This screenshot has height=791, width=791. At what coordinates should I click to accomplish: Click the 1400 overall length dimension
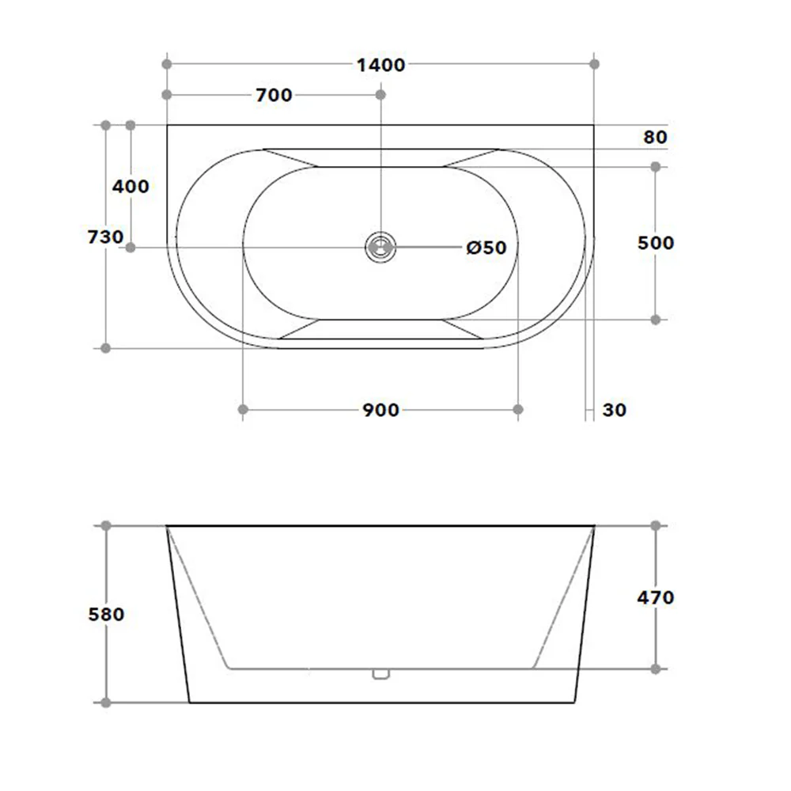coord(380,65)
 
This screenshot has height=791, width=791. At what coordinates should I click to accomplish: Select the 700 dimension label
coord(274,96)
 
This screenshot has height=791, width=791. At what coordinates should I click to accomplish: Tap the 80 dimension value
coord(655,137)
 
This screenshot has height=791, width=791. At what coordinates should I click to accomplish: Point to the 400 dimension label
coord(131,187)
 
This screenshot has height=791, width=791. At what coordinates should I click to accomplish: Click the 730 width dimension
coord(105,237)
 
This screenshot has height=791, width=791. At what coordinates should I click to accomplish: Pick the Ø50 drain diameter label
coord(486,248)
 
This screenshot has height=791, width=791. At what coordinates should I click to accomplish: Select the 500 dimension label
coord(656,243)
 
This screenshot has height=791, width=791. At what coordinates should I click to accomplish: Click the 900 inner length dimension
coord(380,410)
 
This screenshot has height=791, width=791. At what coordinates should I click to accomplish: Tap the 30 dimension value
coord(614,410)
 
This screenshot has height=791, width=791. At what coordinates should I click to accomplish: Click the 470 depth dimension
coord(656,597)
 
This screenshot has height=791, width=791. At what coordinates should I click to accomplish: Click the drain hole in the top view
coord(380,247)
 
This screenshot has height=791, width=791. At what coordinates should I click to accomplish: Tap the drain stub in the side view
coord(380,674)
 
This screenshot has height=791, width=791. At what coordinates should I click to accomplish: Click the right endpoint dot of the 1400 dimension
coord(594,63)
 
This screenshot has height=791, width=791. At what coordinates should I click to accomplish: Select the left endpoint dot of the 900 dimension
coord(243,409)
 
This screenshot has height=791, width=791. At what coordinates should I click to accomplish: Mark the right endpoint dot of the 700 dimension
coord(380,95)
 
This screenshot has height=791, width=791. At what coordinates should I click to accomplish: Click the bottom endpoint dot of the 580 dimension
coord(105,702)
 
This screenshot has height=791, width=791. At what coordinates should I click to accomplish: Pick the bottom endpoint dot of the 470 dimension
coord(656,669)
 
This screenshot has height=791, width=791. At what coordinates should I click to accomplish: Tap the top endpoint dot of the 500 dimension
coord(656,166)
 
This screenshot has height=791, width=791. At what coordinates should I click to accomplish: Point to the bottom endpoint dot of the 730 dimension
coord(105,348)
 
